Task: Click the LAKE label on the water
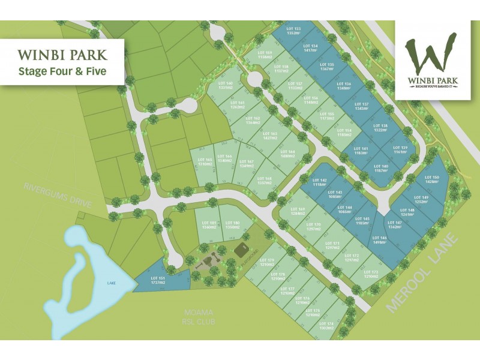pos(111,283)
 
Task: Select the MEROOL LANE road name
pos(423,273)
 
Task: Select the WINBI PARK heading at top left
pos(62,55)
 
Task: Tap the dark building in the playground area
pos(242,248)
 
